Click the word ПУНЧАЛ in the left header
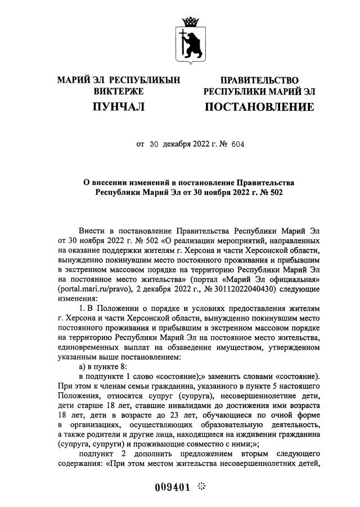point(118,106)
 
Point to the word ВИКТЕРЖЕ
point(118,91)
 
